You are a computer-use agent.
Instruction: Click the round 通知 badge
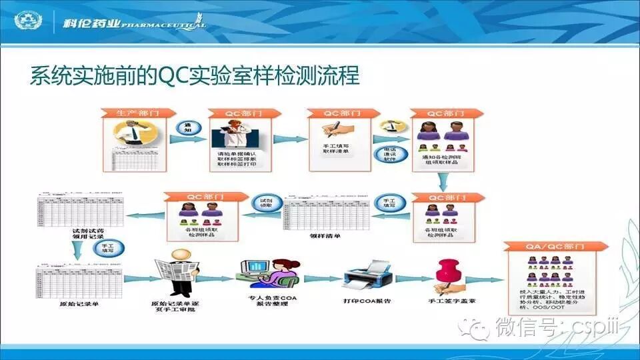point(185,128)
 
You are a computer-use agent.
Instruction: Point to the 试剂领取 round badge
point(265,203)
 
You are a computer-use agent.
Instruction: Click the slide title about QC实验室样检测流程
point(194,75)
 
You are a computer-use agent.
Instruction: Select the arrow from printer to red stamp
point(407,279)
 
